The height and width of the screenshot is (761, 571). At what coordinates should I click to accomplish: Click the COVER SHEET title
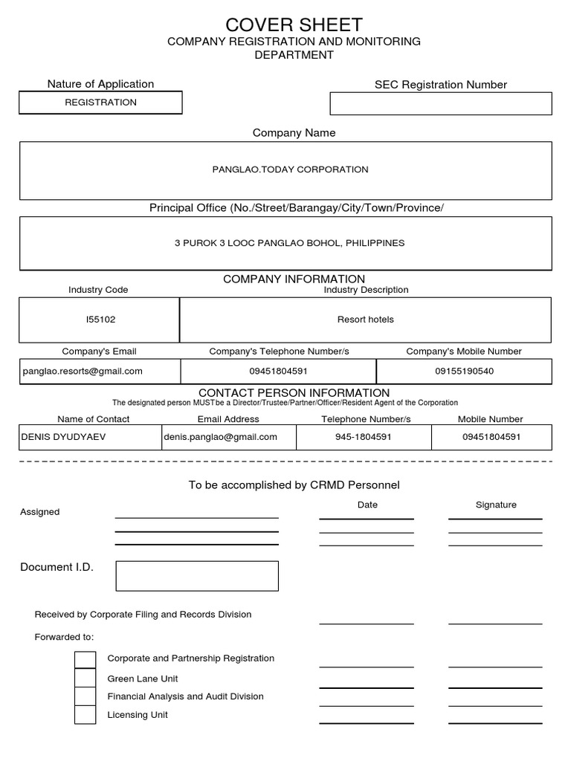coord(294,25)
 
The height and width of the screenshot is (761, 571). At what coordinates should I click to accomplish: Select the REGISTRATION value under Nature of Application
coord(100,103)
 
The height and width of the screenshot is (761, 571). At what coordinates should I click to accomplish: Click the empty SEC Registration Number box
coord(440,103)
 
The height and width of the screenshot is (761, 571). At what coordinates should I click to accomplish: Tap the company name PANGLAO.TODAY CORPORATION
coord(290,169)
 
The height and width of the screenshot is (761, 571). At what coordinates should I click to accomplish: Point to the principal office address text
coord(289,243)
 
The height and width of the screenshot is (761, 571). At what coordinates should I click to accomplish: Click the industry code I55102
coord(100,320)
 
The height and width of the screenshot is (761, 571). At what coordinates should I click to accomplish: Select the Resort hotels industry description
coord(365,320)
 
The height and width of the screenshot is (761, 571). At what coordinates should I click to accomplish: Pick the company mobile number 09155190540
coord(464,371)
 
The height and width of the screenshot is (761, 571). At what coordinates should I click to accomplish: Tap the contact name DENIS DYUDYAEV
coord(63,437)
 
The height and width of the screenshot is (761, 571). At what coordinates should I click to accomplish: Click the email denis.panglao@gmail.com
coord(220,437)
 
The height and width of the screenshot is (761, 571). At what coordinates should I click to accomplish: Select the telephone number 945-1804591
coord(363,437)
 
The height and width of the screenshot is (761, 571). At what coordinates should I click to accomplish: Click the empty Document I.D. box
coord(197,576)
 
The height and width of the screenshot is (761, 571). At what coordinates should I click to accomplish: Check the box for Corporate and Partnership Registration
coord(86,659)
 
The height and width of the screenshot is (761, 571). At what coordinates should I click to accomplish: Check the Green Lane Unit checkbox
coord(86,678)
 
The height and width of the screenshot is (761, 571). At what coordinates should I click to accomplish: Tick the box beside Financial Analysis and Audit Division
coord(86,696)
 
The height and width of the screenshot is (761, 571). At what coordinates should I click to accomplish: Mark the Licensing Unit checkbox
coord(86,715)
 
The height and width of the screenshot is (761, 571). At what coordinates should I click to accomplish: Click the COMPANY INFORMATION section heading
coord(294,279)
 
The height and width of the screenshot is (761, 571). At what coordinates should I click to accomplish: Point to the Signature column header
coord(496,505)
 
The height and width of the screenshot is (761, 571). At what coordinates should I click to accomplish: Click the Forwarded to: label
coord(64,637)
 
